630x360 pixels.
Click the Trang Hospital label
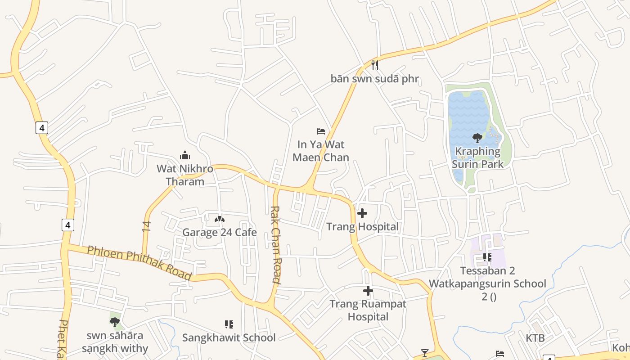pos(362,226)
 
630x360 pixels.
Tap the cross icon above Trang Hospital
pos(362,213)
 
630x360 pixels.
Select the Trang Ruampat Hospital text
pos(368,310)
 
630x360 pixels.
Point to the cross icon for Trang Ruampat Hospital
pos(368,291)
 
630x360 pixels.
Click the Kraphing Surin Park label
pos(477,157)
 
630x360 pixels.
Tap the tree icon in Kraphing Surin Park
pos(477,138)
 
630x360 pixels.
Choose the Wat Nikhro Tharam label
pos(184,175)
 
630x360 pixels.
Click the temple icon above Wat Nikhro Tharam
pos(184,156)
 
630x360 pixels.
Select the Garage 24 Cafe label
pos(219,232)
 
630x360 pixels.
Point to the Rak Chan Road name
pos(276,244)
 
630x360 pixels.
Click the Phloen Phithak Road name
pos(139,262)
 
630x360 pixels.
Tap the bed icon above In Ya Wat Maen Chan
pos(321,131)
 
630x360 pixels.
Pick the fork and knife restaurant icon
pos(375,66)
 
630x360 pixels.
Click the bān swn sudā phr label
pos(374,79)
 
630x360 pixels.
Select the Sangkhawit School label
pos(229,337)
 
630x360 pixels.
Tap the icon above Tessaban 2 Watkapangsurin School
pos(487,257)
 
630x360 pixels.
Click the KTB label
pos(535,338)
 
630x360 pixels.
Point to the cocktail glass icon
pos(424,353)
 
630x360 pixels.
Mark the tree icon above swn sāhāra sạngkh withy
pos(115,322)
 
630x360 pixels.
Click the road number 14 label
pos(147,226)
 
